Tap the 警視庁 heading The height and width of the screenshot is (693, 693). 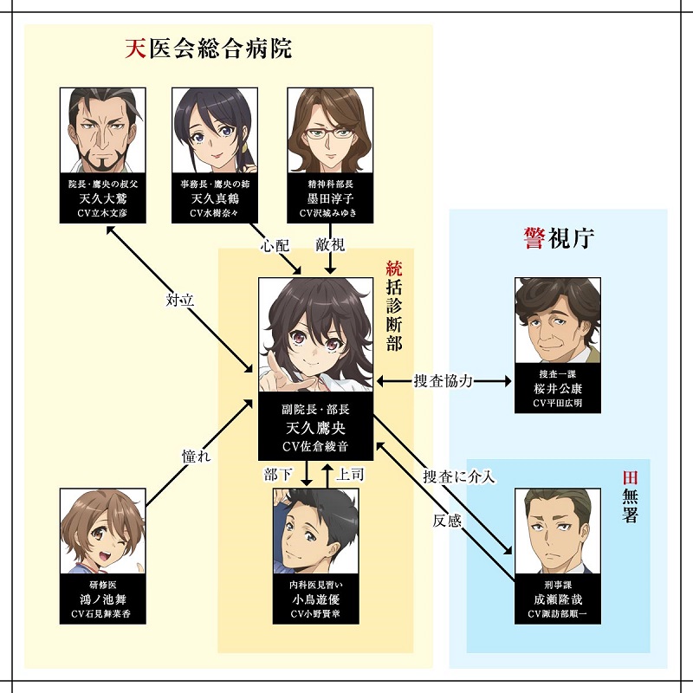[560, 238]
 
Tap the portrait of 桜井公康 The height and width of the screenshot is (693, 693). [557, 320]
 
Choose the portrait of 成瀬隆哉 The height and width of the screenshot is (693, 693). [557, 532]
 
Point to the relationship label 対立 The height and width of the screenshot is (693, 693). [179, 301]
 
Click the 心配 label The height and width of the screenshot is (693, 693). [276, 245]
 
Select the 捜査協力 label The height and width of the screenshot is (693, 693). [443, 380]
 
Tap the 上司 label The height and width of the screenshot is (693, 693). [349, 475]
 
